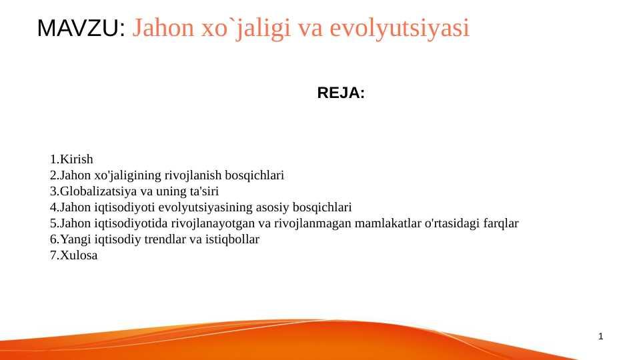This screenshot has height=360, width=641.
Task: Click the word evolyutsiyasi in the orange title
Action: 400,28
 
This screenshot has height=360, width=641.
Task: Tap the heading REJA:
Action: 341,93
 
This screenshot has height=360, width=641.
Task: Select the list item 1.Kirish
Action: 71,159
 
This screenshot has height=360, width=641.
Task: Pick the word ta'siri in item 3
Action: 204,191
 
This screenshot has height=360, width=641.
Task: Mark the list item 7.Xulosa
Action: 73,255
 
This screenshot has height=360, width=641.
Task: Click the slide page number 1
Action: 600,336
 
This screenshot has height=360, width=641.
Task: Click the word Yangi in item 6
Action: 75,239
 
